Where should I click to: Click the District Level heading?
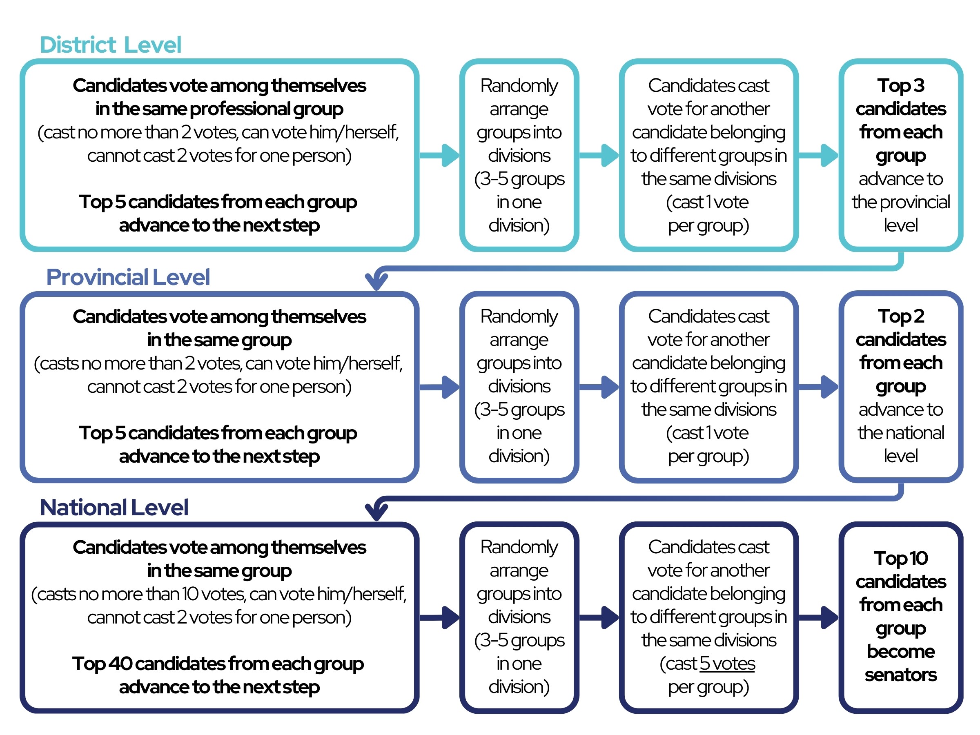click(111, 45)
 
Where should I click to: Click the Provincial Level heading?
click(128, 277)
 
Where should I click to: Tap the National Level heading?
click(114, 508)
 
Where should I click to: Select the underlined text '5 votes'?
click(728, 664)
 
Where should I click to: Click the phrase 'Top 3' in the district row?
click(901, 86)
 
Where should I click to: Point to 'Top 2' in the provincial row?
click(901, 317)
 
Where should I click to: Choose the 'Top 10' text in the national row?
click(901, 559)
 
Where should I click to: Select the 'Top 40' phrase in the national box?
click(102, 664)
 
